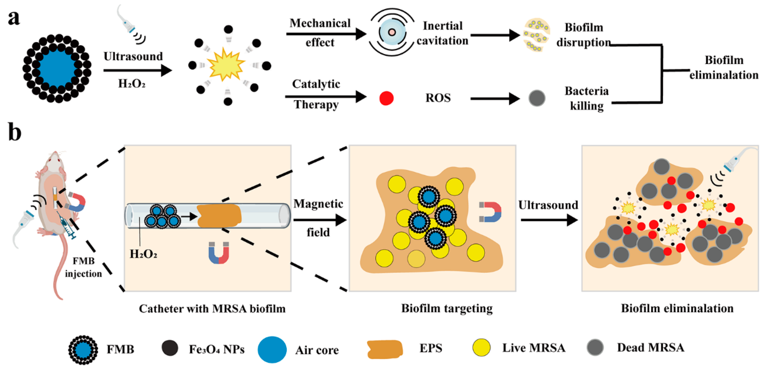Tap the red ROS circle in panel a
tap(386, 98)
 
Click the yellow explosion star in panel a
tap(226, 65)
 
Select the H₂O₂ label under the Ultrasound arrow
tap(132, 84)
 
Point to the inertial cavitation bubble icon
tap(392, 32)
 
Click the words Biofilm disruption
tap(584, 35)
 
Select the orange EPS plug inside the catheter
tap(219, 216)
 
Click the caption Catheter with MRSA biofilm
tap(212, 309)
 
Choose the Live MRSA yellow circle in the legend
tap(481, 348)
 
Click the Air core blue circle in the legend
tap(272, 349)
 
